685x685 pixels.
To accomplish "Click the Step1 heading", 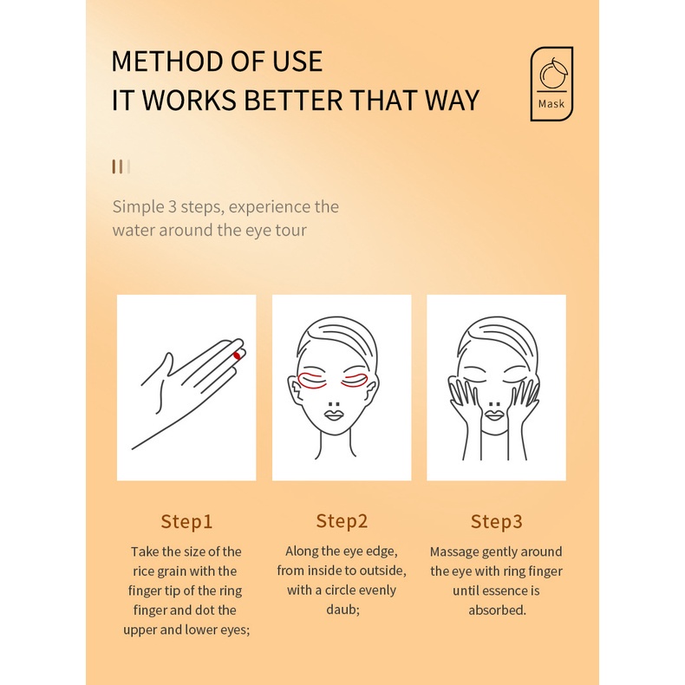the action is coord(186,521).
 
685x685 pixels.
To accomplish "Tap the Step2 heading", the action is coord(342,521).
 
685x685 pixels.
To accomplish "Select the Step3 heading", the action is coord(496,521).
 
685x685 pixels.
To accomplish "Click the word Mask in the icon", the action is coord(551,103).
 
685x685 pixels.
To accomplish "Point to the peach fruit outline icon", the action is coord(553,73).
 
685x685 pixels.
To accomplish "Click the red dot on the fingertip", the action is coord(237,356).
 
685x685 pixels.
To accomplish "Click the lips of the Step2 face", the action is coord(334,414).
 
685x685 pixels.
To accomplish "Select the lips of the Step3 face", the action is coord(494,414).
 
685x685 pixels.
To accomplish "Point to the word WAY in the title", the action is coord(452,100).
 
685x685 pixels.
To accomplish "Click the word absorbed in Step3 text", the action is coord(497,610).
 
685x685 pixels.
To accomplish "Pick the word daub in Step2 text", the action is coord(342,609).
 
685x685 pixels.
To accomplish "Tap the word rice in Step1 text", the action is coord(143,571).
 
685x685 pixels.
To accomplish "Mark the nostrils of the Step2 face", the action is coord(334,403).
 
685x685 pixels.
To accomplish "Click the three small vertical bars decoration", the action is coord(121,166).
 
